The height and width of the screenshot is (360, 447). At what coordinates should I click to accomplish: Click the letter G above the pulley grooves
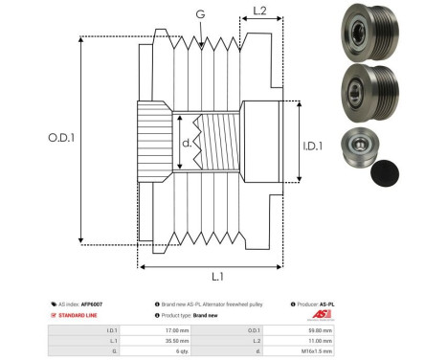199,13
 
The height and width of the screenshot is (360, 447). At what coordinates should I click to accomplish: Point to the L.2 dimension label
258,12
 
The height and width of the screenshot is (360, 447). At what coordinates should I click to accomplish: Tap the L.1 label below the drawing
216,278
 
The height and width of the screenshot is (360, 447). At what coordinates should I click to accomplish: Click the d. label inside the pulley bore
185,145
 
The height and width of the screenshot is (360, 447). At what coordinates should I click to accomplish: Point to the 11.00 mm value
319,339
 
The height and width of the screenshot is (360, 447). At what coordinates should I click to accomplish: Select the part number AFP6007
91,303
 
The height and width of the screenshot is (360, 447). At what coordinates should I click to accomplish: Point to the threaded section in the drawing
217,143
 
